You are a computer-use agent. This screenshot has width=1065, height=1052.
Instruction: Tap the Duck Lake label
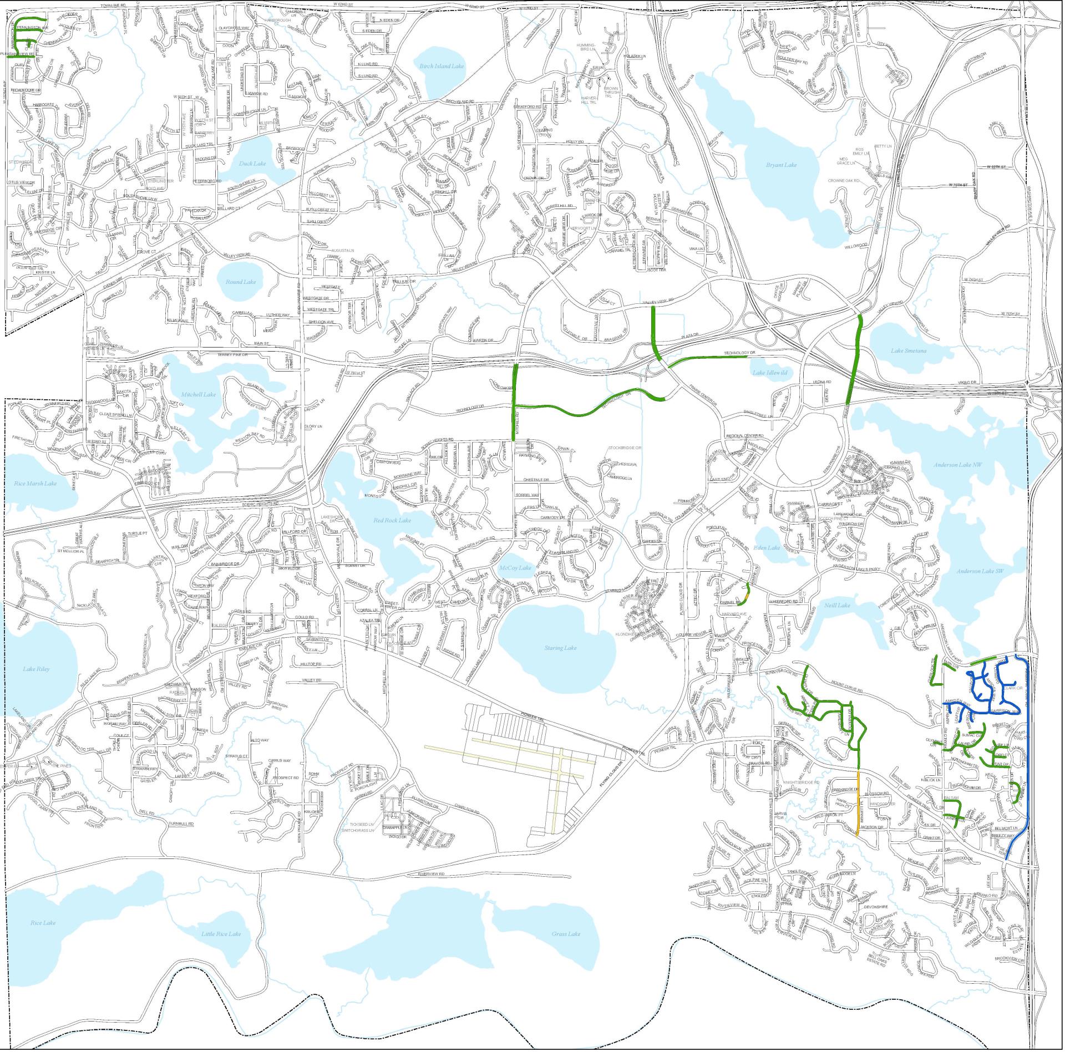252,164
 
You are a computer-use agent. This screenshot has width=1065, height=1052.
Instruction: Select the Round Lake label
241,282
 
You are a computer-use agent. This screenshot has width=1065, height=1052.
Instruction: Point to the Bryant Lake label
781,165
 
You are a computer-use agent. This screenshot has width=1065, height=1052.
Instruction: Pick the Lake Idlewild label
770,373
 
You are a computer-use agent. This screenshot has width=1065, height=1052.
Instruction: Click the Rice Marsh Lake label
35,484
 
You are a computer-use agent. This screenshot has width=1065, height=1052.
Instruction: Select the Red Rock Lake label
392,520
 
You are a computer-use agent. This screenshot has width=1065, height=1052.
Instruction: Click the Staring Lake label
560,648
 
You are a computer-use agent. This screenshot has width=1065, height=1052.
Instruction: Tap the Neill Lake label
837,606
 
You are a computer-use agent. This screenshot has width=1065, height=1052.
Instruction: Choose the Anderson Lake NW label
957,465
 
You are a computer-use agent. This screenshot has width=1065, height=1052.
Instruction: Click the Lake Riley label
37,669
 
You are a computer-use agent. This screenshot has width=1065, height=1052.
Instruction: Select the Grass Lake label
566,934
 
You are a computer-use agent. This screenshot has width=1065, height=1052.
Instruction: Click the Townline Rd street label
114,5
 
